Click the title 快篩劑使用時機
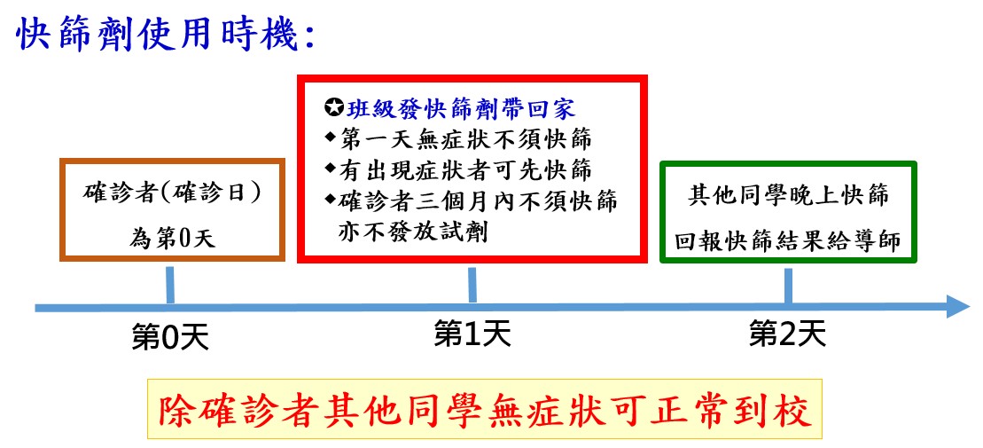(164, 35)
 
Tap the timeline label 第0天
(169, 338)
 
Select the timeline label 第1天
(472, 334)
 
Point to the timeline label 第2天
(787, 334)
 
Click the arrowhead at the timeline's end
(957, 307)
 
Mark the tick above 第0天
(169, 286)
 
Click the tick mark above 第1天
(472, 286)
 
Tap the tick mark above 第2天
(788, 286)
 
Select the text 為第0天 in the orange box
(172, 239)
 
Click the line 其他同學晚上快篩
(788, 195)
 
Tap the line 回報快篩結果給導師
(788, 240)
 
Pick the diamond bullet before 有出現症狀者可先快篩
(331, 169)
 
